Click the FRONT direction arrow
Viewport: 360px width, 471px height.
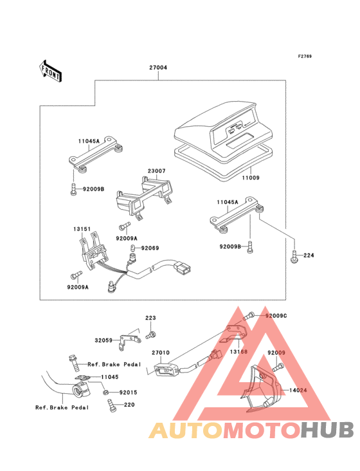(50, 71)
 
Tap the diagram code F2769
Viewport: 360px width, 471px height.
(305, 56)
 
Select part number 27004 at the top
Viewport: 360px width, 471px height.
(158, 68)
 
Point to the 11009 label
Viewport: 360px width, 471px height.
(251, 178)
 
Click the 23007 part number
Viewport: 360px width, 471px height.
(156, 171)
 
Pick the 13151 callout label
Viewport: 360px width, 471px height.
(82, 229)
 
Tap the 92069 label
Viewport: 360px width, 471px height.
(150, 248)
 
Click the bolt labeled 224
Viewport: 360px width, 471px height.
(294, 256)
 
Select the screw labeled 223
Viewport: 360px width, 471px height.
(151, 335)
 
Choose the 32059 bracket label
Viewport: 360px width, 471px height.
(104, 340)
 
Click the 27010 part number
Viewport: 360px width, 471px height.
(161, 353)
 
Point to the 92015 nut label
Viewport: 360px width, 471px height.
(128, 392)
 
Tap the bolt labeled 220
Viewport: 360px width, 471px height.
(111, 405)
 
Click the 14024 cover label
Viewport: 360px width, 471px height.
(298, 390)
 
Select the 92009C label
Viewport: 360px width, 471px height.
(276, 316)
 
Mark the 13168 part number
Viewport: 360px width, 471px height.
(239, 351)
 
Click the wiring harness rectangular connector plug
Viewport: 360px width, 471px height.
(183, 268)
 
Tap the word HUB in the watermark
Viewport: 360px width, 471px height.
(328, 430)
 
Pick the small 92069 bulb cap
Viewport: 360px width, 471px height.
(132, 248)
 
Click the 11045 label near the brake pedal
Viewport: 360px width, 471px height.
(109, 377)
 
